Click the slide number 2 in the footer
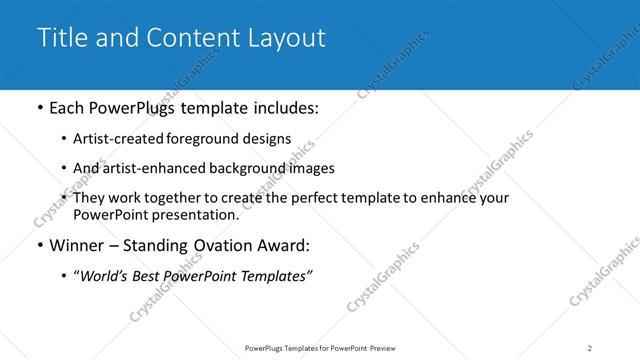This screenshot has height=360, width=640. pos(590,348)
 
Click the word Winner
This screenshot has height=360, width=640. pos(78,245)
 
